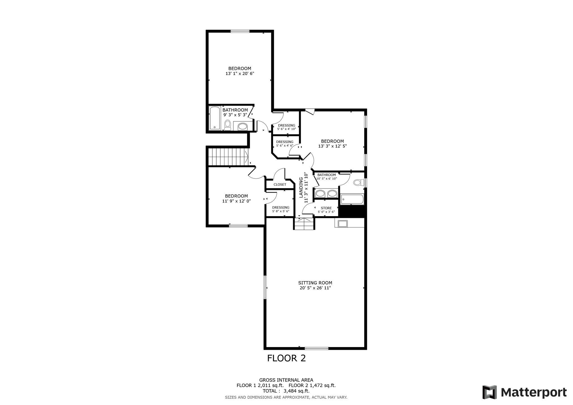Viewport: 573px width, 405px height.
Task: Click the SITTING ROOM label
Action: [315, 283]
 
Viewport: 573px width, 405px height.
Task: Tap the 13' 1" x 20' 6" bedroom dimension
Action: [240, 74]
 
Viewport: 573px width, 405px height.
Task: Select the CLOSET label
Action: [280, 185]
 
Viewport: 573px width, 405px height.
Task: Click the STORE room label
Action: [326, 208]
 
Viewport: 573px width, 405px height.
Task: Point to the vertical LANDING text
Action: [301, 187]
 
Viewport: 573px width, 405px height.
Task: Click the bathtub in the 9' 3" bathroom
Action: [215, 118]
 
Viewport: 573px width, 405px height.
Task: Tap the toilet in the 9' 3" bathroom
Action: [227, 125]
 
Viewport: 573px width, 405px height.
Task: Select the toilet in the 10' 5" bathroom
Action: [358, 183]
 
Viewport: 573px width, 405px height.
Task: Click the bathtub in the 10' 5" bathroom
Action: [352, 199]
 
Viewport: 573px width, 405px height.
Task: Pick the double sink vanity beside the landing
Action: [326, 193]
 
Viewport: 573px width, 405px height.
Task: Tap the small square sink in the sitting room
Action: [343, 223]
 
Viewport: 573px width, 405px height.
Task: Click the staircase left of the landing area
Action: [228, 157]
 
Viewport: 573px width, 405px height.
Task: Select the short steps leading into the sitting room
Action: [304, 224]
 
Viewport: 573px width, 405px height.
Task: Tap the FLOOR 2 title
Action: [286, 358]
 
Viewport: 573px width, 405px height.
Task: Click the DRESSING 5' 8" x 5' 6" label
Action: [281, 209]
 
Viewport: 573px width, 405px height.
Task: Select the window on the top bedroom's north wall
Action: [240, 31]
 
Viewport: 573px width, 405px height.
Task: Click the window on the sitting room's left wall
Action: [265, 287]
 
